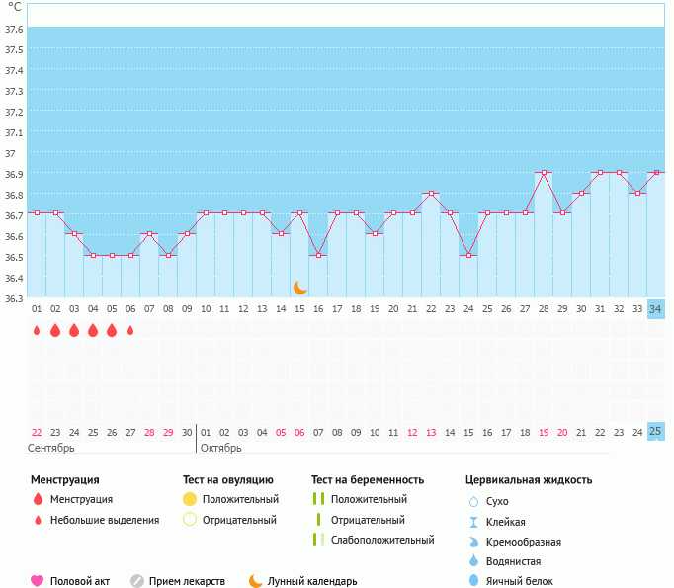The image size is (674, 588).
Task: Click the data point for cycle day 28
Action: pos(544,172)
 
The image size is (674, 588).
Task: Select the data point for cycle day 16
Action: pos(318,255)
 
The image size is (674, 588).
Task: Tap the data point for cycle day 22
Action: pos(431,193)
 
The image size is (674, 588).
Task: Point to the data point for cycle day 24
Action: pos(468,255)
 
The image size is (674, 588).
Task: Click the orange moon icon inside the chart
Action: pos(299,288)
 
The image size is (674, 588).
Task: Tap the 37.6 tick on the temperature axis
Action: pos(14,29)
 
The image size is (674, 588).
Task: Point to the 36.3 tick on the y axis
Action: pos(14,298)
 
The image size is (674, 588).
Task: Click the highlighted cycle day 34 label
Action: pos(655,308)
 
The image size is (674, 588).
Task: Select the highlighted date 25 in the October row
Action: pos(655,431)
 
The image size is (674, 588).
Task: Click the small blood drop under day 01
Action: pos(37,330)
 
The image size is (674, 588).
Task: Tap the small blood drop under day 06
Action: pos(130,330)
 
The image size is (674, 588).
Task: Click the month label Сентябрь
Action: pos(50,448)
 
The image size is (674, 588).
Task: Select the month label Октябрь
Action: pos(221,448)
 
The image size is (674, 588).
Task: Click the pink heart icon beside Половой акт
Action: pos(38,581)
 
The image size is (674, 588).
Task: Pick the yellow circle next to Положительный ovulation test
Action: pos(190,499)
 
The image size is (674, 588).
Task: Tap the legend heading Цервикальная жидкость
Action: pos(529,479)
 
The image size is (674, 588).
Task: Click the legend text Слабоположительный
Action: pos(382,540)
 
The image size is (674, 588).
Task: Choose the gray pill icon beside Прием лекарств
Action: pos(137,581)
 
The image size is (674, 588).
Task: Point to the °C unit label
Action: pos(15,7)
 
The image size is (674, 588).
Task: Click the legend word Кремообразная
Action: pos(524,542)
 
